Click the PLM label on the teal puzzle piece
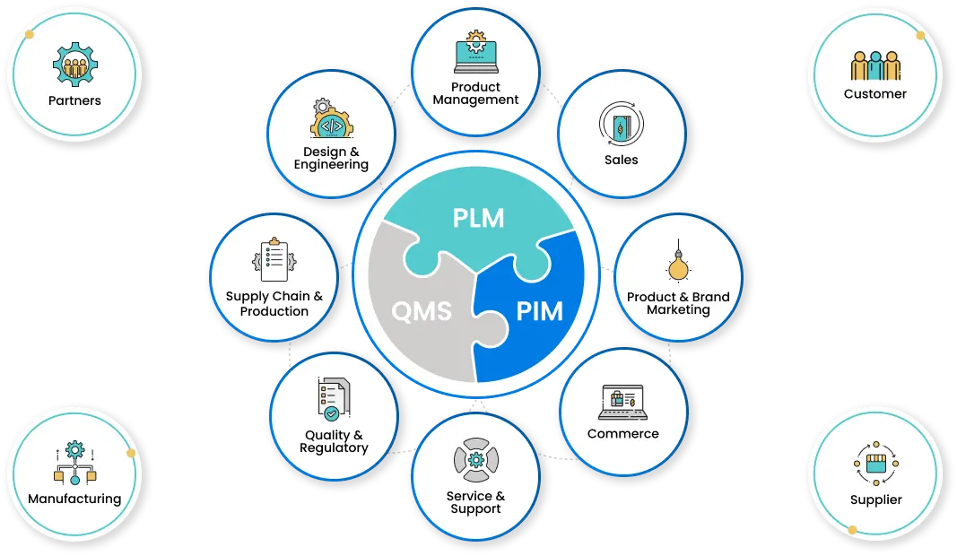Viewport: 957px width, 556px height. point(479,218)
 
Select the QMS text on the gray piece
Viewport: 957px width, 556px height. point(422,311)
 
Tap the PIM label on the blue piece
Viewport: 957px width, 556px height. point(540,311)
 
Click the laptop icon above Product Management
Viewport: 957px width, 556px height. point(476,52)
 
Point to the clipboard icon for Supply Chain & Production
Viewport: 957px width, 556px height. point(274,259)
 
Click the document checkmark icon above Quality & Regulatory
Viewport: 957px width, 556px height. point(334,400)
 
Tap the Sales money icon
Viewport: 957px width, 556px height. point(622,125)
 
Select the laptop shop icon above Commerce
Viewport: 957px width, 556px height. point(623,403)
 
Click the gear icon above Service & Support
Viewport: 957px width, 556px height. point(476,459)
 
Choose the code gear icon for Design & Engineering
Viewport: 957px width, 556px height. point(332,118)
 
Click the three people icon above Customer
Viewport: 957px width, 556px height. point(875,65)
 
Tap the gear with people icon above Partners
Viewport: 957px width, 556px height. point(75,64)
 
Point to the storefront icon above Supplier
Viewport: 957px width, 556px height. point(875,464)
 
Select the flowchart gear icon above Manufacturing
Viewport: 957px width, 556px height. point(75,463)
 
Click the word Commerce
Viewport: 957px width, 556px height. point(623,433)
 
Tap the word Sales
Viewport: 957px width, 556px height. point(622,160)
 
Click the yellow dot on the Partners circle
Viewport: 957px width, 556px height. point(30,34)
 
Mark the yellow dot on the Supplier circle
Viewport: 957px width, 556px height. point(853,530)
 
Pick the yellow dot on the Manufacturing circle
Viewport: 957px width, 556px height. point(131,453)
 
